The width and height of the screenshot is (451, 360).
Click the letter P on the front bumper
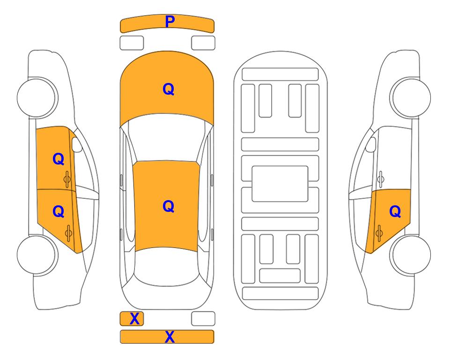[170, 22]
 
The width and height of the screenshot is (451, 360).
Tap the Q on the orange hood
[169, 89]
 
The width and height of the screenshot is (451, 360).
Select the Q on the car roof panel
[169, 206]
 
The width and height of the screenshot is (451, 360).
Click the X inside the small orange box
[134, 319]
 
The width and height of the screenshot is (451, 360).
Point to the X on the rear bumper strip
[170, 337]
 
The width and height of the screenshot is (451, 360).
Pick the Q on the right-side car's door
[395, 211]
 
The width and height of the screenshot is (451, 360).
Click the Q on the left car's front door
[59, 159]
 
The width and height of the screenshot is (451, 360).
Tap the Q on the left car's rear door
[59, 211]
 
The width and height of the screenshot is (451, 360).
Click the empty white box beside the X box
[203, 319]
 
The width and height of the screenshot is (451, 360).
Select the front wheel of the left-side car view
[37, 97]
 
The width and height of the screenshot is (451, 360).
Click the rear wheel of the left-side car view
[37, 255]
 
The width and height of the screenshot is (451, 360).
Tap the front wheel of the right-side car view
[410, 97]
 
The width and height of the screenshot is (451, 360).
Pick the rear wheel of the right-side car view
[410, 255]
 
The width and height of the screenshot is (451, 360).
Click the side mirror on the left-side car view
[77, 144]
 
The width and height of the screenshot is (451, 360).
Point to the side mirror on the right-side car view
[370, 144]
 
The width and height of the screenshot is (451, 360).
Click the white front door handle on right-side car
[381, 179]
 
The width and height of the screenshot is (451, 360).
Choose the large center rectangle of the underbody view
[280, 184]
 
